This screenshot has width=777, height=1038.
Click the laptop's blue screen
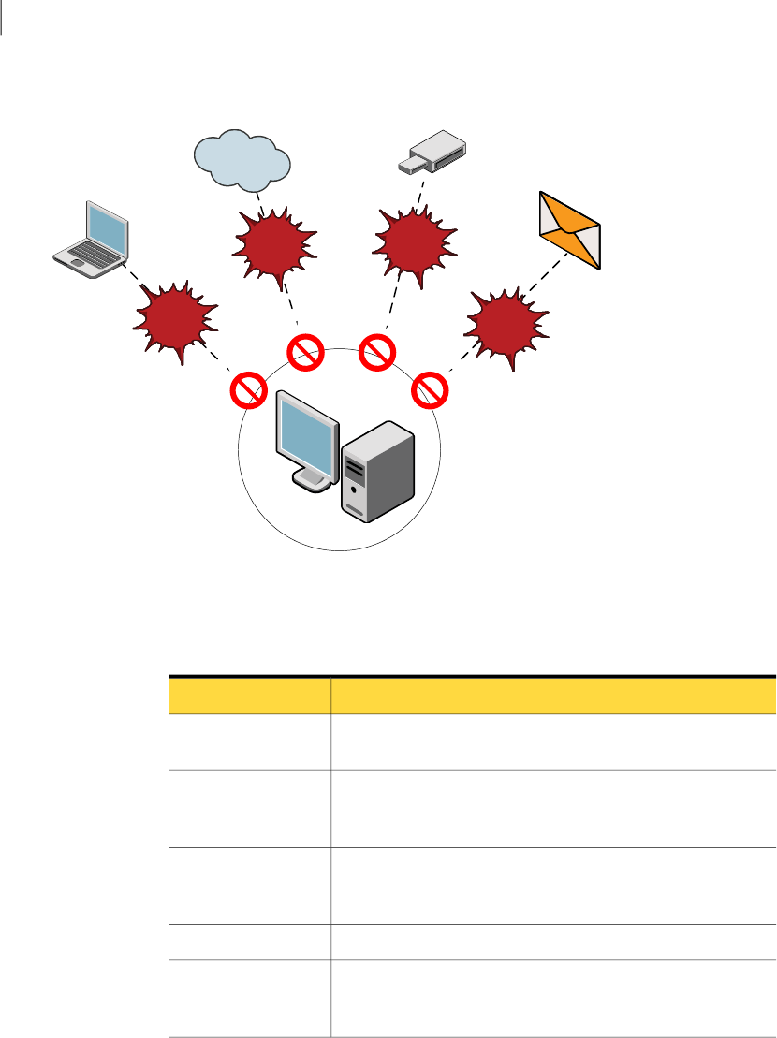[105, 228]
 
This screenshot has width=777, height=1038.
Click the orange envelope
[570, 230]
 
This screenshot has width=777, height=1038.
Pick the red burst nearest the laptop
[176, 318]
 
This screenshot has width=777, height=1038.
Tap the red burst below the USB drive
[414, 241]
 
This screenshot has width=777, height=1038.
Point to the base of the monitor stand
[313, 480]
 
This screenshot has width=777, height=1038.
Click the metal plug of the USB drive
[409, 166]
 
